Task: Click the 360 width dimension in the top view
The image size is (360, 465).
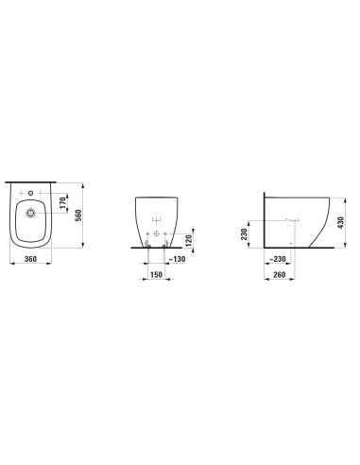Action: tap(30, 259)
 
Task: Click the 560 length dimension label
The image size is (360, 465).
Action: tap(78, 215)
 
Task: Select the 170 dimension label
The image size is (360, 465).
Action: tap(62, 202)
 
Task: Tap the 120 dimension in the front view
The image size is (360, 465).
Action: tap(188, 241)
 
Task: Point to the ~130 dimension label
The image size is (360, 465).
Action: tap(177, 259)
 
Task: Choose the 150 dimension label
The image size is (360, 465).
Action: tap(156, 275)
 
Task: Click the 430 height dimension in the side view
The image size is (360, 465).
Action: tap(340, 222)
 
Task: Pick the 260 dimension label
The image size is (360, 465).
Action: tap(279, 275)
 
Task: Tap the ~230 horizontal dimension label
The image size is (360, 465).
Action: tap(278, 259)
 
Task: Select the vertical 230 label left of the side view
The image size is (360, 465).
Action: tap(244, 234)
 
